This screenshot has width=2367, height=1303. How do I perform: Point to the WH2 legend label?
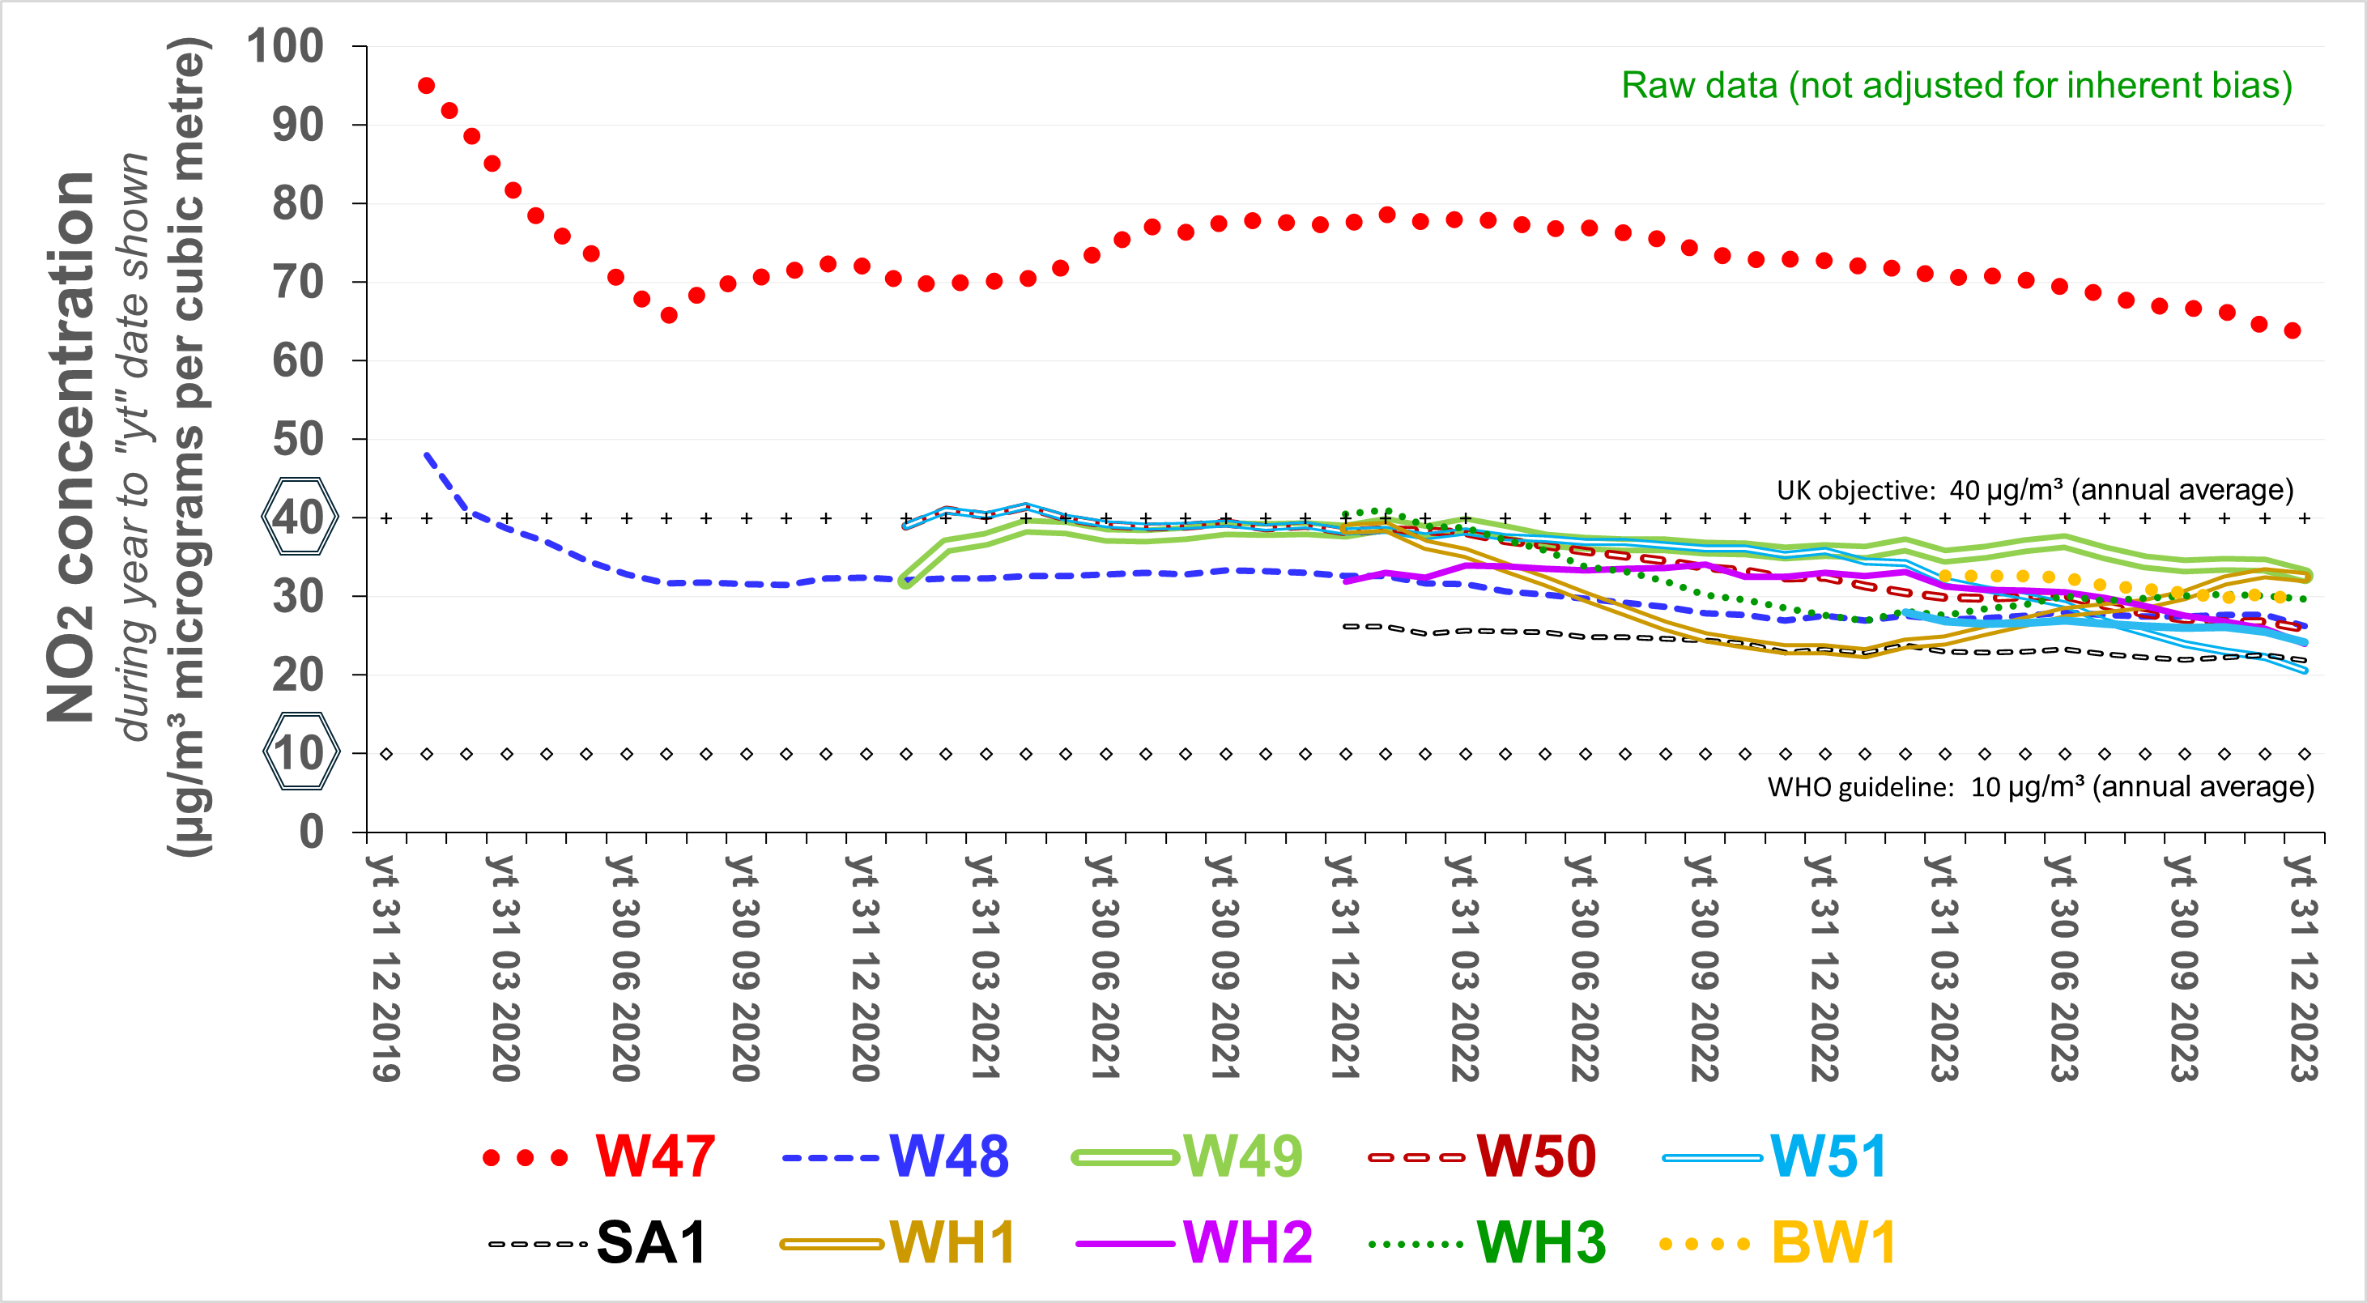pyautogui.click(x=1247, y=1243)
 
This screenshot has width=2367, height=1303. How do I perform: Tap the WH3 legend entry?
pyautogui.click(x=1541, y=1243)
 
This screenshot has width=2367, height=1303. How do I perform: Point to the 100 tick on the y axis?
pyautogui.click(x=285, y=46)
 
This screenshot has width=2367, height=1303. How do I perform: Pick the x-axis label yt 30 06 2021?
pyautogui.click(x=1105, y=968)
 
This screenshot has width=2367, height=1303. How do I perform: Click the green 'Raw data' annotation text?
pyautogui.click(x=1956, y=86)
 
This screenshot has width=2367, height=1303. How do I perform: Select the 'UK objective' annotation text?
pyautogui.click(x=2034, y=490)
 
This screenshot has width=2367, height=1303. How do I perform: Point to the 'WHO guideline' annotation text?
pyautogui.click(x=2040, y=786)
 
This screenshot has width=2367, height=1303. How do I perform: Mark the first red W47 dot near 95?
pyautogui.click(x=427, y=86)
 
